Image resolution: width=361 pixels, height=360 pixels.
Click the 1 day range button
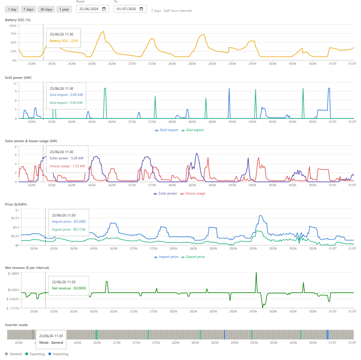tap(12, 9)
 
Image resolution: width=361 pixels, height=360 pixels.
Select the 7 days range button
tap(28, 9)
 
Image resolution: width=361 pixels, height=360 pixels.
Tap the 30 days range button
tap(46, 9)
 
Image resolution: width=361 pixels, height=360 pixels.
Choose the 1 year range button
tap(64, 9)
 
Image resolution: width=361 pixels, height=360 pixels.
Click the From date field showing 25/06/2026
tap(92, 9)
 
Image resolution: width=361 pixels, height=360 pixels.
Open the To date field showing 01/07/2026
tap(130, 9)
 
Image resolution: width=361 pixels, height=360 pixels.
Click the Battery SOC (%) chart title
tap(18, 20)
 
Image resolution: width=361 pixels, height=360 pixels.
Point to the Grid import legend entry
tap(166, 130)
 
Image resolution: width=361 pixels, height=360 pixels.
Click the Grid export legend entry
tap(192, 130)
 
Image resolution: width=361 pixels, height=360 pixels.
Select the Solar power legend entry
tap(165, 193)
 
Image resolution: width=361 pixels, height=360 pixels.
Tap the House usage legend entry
tap(193, 193)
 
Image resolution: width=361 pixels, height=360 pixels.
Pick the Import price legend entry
tap(166, 257)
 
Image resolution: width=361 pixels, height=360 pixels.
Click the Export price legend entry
tap(193, 257)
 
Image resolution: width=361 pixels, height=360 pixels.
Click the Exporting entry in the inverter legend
tap(35, 354)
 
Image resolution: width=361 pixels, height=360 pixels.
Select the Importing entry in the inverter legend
tap(59, 354)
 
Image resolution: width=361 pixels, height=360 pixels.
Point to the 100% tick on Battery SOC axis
tap(13, 26)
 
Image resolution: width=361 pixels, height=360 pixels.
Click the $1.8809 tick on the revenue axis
tap(13, 273)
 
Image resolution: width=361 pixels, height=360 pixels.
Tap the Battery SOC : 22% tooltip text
tap(63, 41)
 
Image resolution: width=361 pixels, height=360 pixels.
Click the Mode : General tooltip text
tap(51, 342)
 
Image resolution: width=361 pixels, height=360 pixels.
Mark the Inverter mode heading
tap(16, 325)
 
